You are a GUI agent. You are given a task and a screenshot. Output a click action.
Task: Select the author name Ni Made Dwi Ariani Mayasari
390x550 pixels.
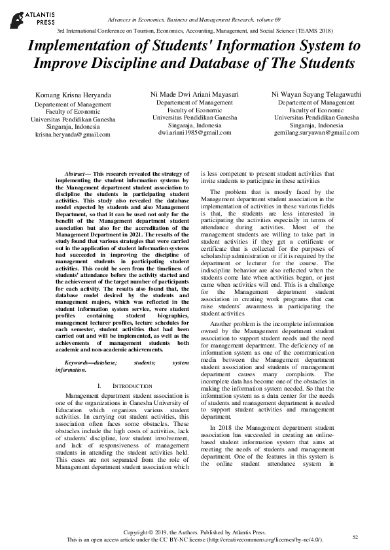194,95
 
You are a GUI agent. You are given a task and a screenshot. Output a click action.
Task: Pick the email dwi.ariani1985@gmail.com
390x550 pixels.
194,132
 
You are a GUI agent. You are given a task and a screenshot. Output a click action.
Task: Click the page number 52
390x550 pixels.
355,536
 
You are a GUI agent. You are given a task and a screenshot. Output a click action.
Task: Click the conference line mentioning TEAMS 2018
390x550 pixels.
194,31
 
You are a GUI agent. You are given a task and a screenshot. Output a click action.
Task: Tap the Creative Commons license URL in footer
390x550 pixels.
268,540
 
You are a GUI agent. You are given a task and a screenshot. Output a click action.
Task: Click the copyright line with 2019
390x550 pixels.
194,533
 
